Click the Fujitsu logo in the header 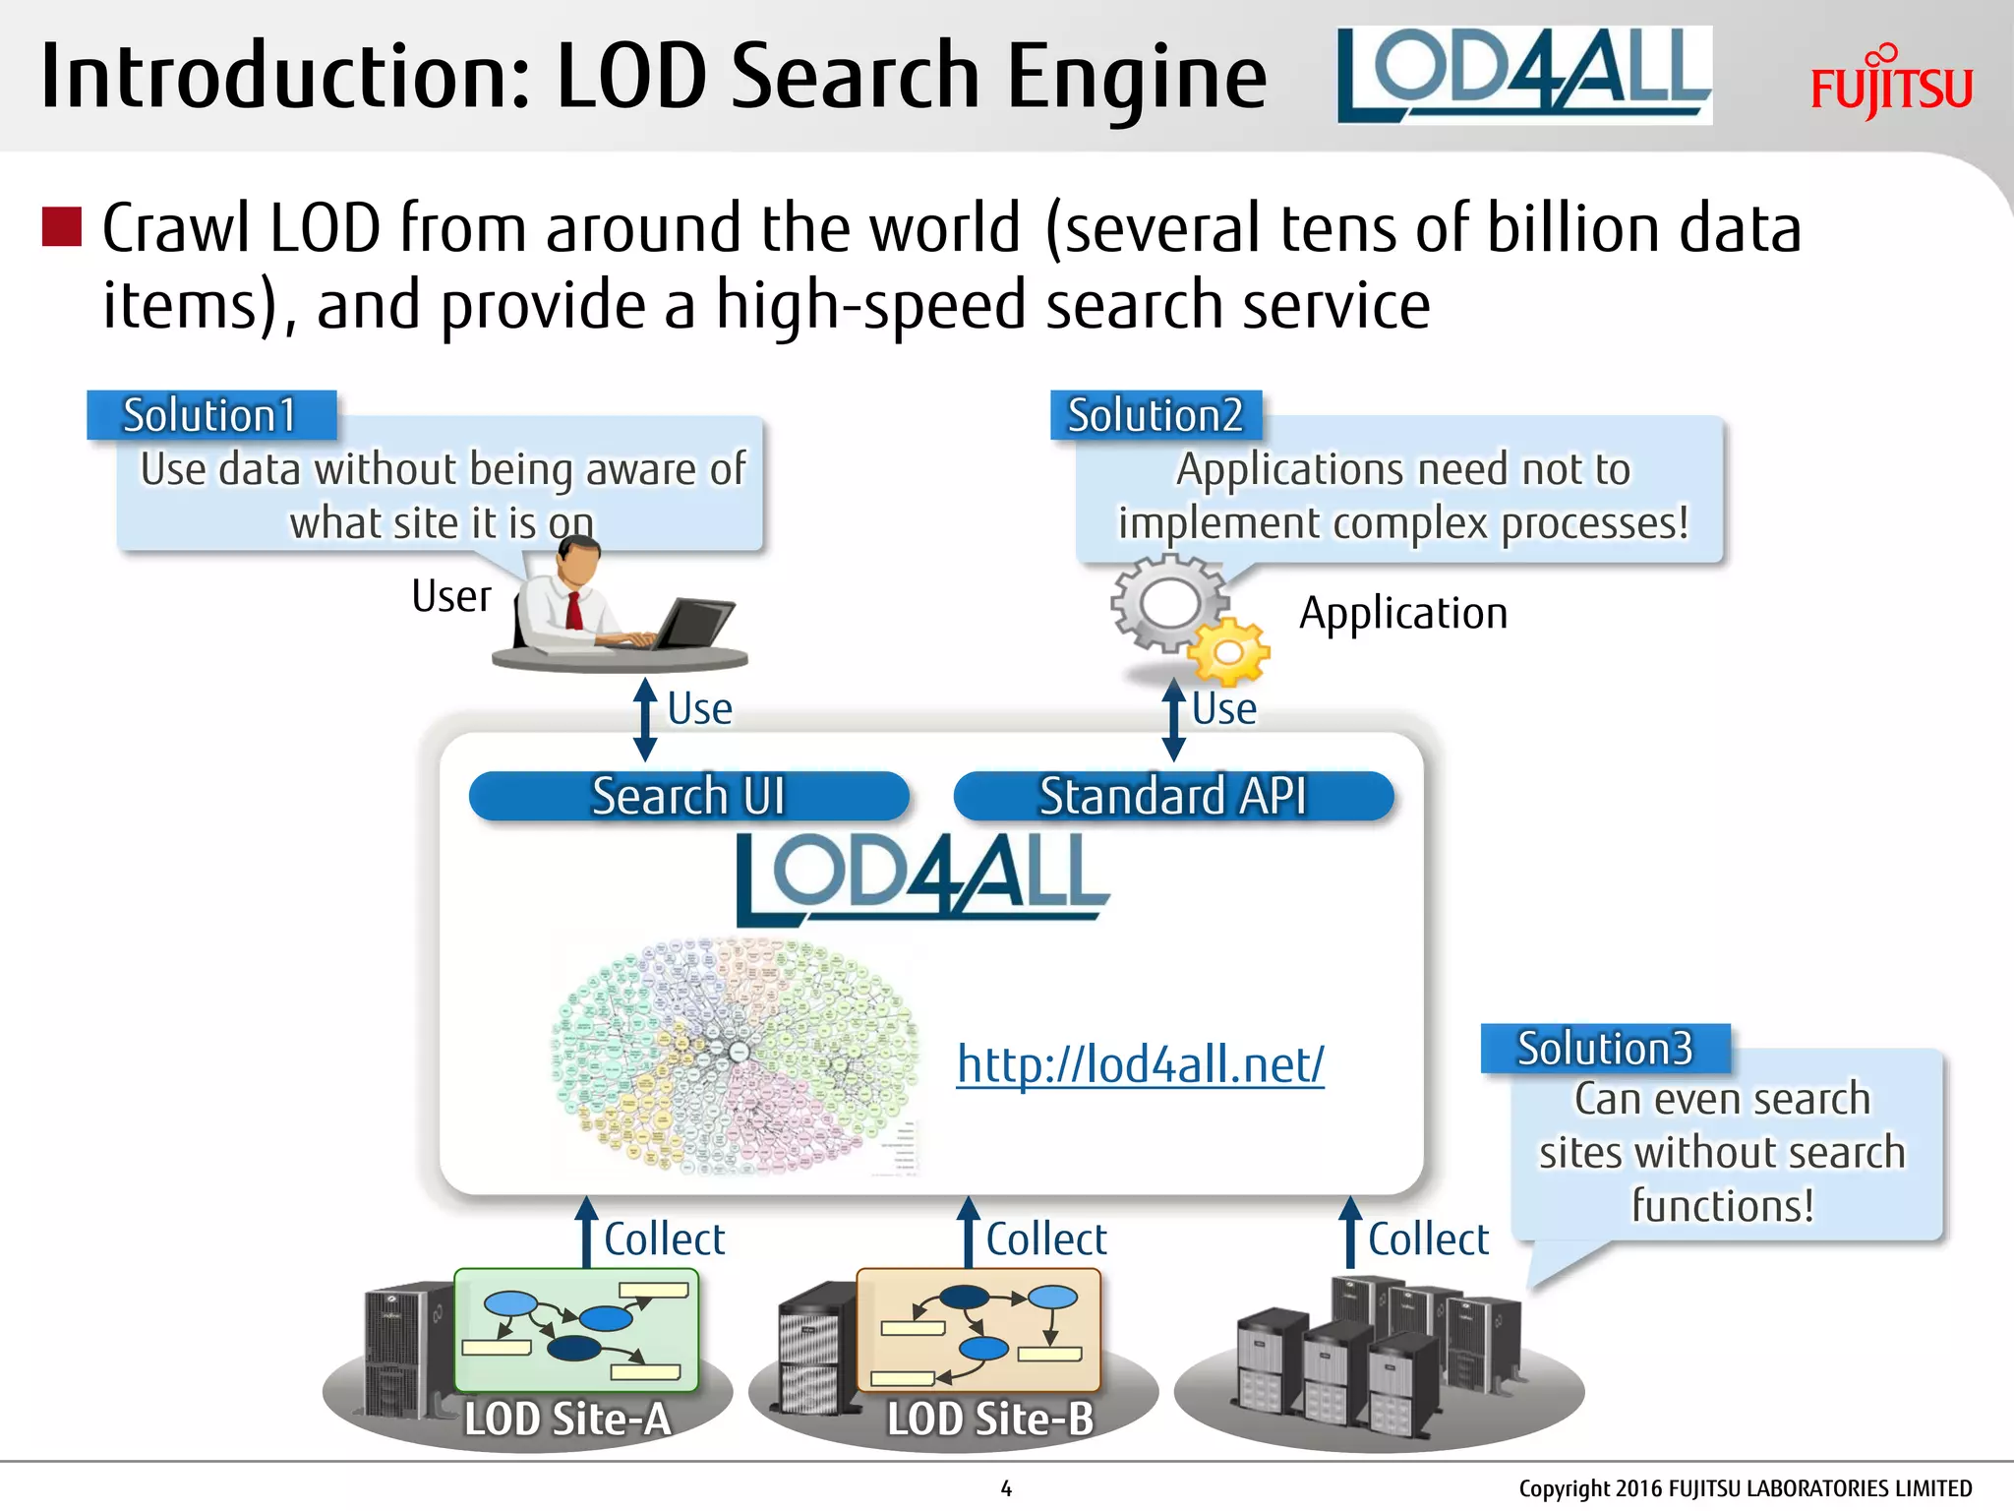pos(1890,85)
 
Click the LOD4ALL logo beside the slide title pos(1523,76)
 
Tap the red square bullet pos(61,226)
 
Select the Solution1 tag pos(210,415)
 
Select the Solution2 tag pos(1155,415)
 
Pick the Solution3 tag pos(1605,1049)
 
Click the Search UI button pos(688,796)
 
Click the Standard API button pos(1173,796)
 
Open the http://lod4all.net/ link pos(1141,1064)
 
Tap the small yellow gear pos(1229,651)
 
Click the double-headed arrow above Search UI pos(645,719)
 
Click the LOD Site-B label pos(989,1419)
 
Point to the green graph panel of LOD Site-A pos(576,1328)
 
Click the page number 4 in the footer pos(1006,1488)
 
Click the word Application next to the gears pos(1403,613)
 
